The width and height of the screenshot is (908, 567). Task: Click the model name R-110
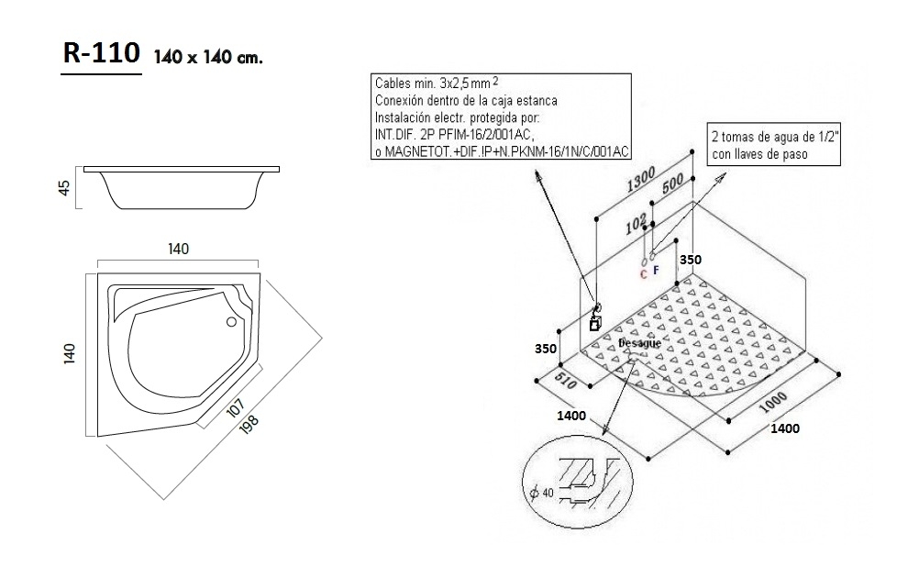101,55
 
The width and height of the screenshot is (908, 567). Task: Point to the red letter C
643,272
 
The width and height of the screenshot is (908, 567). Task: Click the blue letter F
656,271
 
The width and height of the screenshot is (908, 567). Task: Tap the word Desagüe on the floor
639,343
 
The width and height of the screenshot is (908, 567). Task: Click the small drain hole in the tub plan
230,321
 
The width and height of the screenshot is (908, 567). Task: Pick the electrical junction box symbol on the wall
594,322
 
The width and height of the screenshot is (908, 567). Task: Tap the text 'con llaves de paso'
759,155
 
